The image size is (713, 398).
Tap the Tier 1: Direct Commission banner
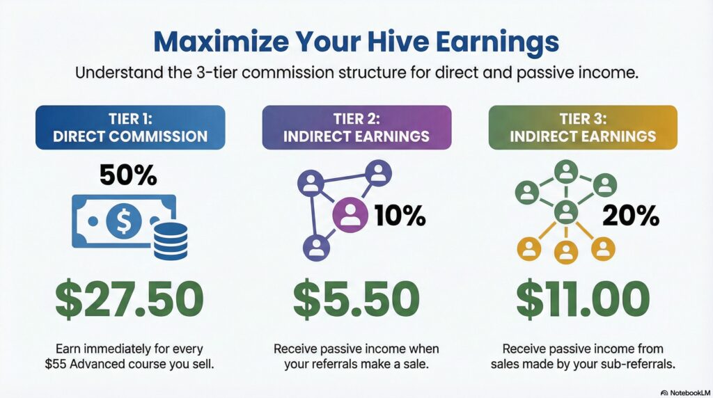[130, 127]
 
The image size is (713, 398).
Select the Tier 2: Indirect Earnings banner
[356, 127]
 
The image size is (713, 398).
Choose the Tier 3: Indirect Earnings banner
[583, 127]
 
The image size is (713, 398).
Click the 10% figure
[400, 216]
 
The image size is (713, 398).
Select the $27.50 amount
[130, 300]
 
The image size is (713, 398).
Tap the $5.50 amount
[356, 300]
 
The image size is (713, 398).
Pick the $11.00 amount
[583, 300]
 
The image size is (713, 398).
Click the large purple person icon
[352, 215]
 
